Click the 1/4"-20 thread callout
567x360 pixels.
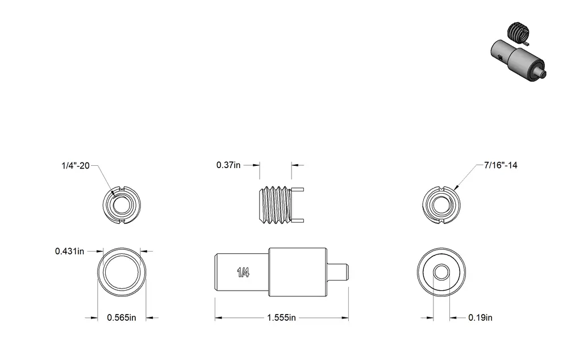(76, 166)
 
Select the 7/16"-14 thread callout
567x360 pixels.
(501, 165)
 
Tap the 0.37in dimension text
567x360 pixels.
(228, 165)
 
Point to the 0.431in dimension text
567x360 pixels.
(69, 251)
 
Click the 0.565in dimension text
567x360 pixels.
(122, 318)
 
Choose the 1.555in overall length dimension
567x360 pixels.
(281, 318)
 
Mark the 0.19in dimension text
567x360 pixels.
(480, 317)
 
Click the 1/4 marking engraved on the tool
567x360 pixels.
(243, 272)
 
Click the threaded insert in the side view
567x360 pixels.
(281, 205)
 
